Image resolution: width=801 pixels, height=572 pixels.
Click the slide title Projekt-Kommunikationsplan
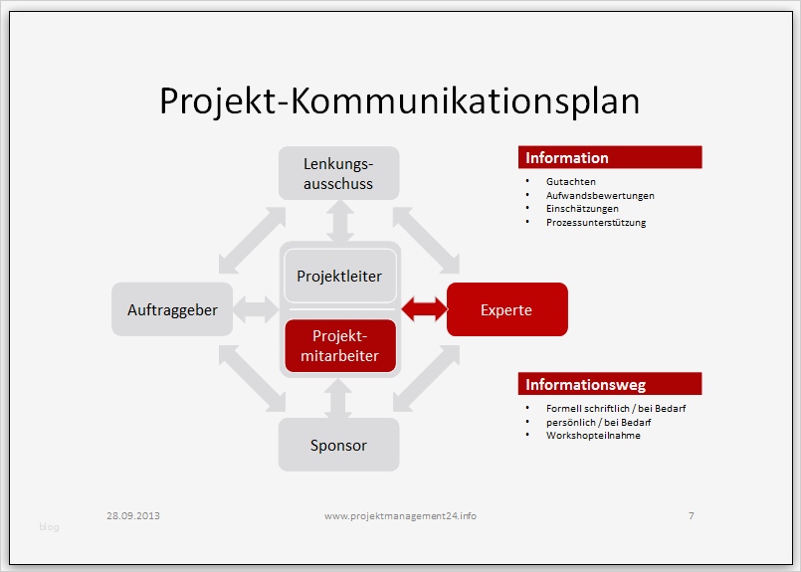pyautogui.click(x=399, y=101)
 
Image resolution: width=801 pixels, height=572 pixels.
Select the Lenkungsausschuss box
pyautogui.click(x=338, y=172)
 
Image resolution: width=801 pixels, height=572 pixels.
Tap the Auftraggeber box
pyautogui.click(x=172, y=309)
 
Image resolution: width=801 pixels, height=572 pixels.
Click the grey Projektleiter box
pyautogui.click(x=339, y=277)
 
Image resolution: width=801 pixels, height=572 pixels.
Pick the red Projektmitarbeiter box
pyautogui.click(x=339, y=345)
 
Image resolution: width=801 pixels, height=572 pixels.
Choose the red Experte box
pyautogui.click(x=506, y=309)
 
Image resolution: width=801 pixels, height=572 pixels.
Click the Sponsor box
pyautogui.click(x=338, y=445)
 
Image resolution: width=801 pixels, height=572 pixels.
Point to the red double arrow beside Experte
pyautogui.click(x=423, y=309)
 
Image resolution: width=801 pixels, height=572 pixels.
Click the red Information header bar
pyautogui.click(x=609, y=157)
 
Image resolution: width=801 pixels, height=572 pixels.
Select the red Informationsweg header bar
pyautogui.click(x=609, y=384)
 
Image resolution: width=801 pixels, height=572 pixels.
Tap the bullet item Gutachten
pyautogui.click(x=571, y=183)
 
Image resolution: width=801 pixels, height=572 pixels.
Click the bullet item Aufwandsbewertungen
pyautogui.click(x=600, y=196)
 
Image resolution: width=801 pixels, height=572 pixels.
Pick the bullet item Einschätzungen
pyautogui.click(x=582, y=209)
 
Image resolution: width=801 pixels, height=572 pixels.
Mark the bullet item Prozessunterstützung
pyautogui.click(x=596, y=223)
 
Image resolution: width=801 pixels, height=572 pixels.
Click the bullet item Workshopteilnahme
pyautogui.click(x=593, y=436)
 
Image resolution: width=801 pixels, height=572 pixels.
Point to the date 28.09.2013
pyautogui.click(x=133, y=515)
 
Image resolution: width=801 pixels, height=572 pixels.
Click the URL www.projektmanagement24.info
pyautogui.click(x=400, y=515)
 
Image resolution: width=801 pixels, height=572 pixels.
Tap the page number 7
pyautogui.click(x=691, y=515)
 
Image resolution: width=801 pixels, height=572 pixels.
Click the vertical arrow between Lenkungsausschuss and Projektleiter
pyautogui.click(x=340, y=221)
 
